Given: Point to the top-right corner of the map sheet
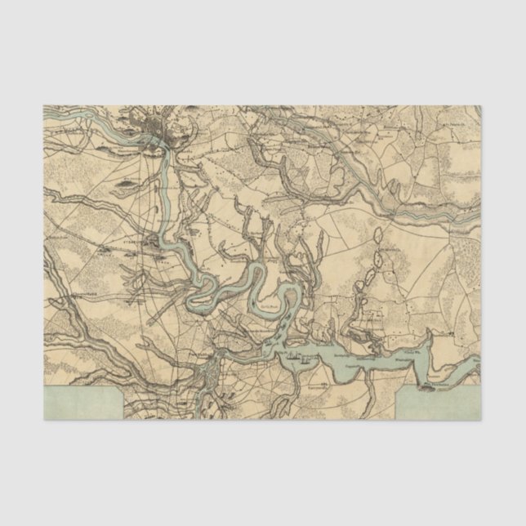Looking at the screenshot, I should pyautogui.click(x=481, y=106).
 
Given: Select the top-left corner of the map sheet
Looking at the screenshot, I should pyautogui.click(x=44, y=106).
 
